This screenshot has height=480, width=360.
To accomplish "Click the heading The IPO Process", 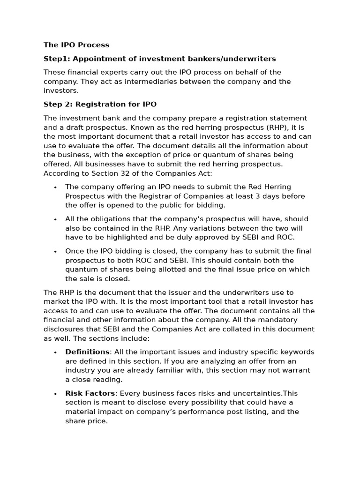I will (76, 45).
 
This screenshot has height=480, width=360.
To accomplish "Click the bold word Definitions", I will (87, 352).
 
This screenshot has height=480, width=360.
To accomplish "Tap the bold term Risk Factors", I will (90, 393).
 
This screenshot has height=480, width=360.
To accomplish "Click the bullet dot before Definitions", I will (55, 352).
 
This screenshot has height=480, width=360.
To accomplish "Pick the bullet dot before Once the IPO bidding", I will (55, 252).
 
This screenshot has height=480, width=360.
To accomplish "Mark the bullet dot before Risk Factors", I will (55, 394).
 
